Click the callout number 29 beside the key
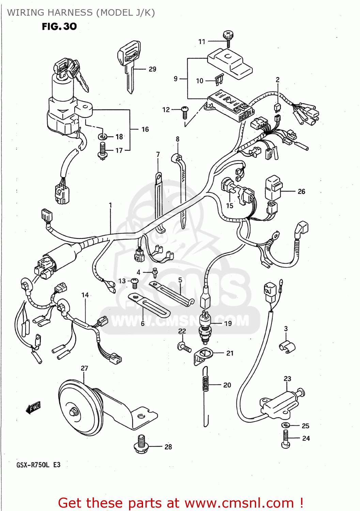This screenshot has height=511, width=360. [152, 69]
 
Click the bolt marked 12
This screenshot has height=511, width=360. [185, 112]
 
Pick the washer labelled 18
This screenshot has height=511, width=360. [103, 137]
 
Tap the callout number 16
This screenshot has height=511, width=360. [145, 129]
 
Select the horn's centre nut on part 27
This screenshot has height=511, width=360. [73, 412]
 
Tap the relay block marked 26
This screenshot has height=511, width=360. [273, 188]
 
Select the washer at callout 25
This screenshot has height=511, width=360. [285, 425]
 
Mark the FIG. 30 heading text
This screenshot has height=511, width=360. [59, 27]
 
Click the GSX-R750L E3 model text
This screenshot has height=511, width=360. [38, 465]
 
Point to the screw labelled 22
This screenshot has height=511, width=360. [184, 347]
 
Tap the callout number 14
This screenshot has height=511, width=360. [85, 295]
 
